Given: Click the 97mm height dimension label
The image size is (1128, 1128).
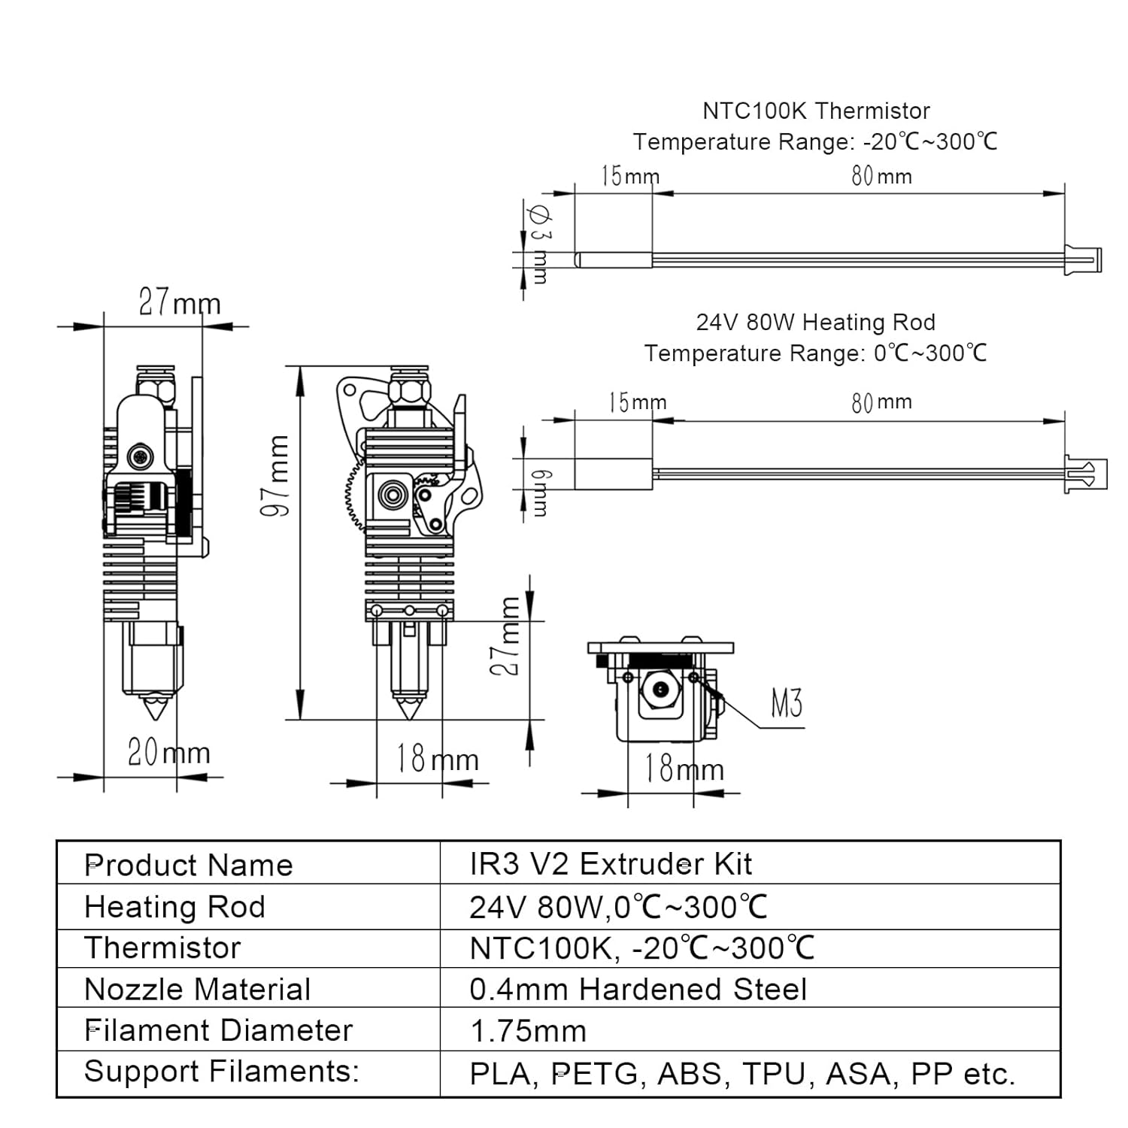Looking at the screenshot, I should coord(275,475).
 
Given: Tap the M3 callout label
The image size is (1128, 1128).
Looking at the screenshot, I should coord(786,704).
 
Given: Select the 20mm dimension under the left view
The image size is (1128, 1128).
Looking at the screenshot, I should coord(168,752).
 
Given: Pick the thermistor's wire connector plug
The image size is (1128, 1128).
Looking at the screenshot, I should coord(1083,259).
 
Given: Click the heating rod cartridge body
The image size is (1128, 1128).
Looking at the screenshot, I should coord(613,475).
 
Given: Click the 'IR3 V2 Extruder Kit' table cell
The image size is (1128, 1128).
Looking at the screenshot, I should coord(610,864).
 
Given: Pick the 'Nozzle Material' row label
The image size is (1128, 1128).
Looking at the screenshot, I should coord(197,989).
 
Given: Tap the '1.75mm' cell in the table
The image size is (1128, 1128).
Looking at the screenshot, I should coord(527,1031).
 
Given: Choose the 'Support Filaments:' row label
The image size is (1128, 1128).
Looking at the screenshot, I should coord(222,1071).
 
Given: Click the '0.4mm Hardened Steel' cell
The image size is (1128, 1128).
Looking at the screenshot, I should coord(638,989).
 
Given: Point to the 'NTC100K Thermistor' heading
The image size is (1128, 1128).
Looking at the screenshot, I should coord(816,111).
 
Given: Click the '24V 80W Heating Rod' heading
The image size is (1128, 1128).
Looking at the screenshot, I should coord(816,323).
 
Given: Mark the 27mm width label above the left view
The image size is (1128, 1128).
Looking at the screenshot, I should coord(180,303).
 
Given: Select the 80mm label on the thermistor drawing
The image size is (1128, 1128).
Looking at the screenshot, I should coord(881,176).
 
